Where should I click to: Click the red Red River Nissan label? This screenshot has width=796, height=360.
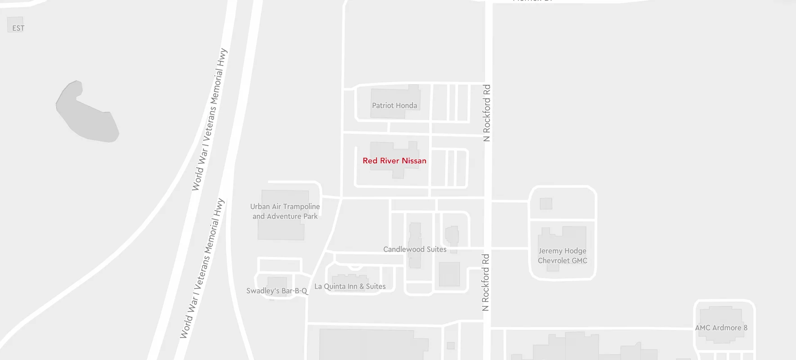click(x=394, y=161)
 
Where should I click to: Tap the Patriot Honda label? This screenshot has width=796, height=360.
click(x=394, y=106)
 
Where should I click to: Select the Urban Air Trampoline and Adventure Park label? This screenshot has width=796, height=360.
click(x=285, y=211)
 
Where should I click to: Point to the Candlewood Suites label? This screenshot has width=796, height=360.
click(x=415, y=249)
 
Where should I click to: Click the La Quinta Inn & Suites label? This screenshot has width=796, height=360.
click(x=350, y=286)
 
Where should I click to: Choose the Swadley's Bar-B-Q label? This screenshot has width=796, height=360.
click(x=277, y=291)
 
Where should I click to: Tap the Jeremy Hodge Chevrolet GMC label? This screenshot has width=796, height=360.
click(x=562, y=256)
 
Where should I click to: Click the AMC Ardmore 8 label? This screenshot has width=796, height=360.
click(x=721, y=328)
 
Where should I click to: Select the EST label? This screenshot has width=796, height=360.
click(x=18, y=28)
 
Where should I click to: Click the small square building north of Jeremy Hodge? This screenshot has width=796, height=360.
click(x=546, y=203)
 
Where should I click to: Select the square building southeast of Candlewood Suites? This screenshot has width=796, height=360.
click(x=449, y=274)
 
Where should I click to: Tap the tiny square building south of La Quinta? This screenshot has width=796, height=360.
click(x=451, y=346)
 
